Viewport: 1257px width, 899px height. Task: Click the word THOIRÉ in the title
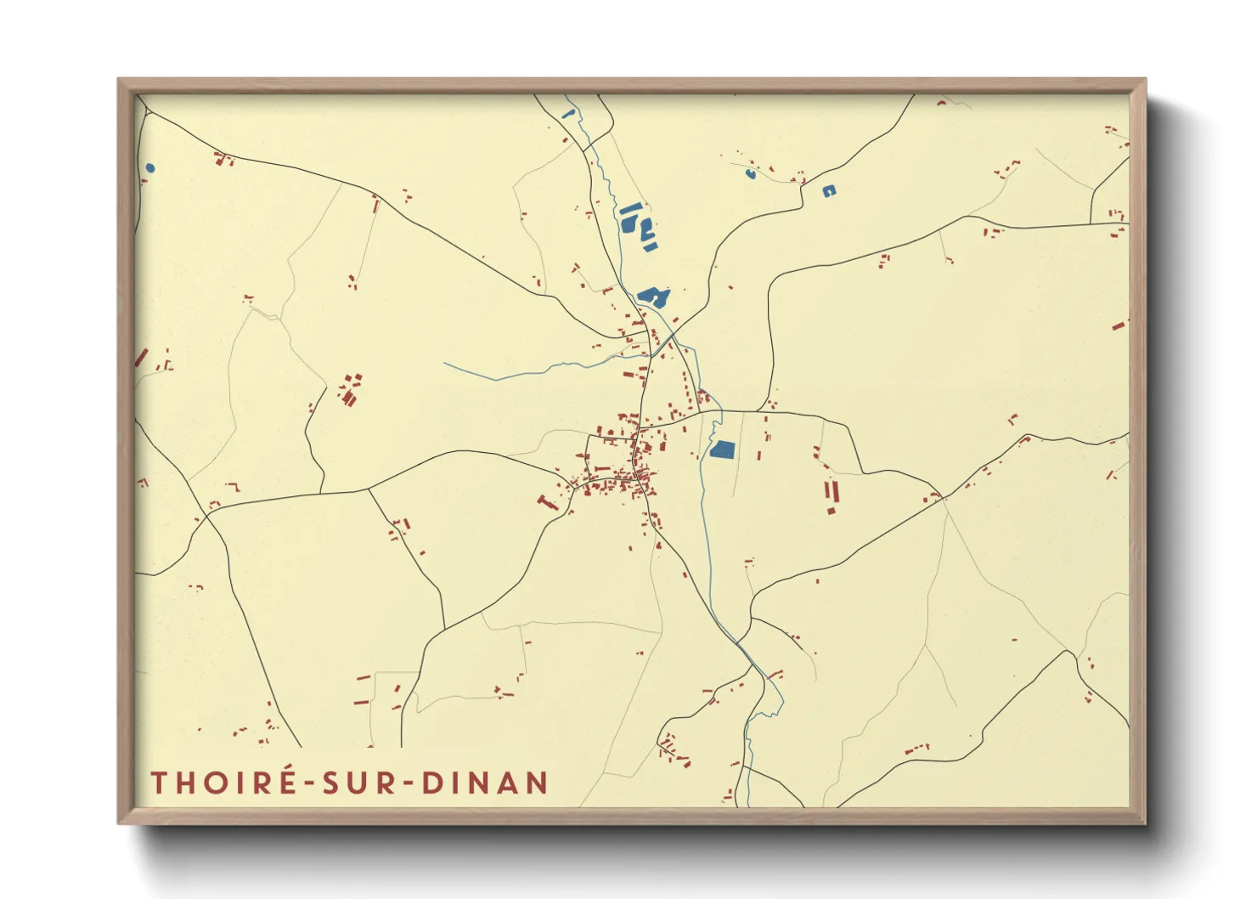pyautogui.click(x=223, y=783)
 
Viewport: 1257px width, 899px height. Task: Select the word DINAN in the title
pyautogui.click(x=485, y=783)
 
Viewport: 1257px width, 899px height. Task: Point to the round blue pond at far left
pyautogui.click(x=150, y=168)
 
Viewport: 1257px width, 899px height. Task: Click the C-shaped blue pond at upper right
pyautogui.click(x=829, y=191)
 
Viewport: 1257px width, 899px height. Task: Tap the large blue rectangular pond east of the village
pyautogui.click(x=722, y=449)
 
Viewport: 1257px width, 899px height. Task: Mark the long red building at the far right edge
pyautogui.click(x=1120, y=325)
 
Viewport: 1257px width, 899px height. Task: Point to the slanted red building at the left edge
pyautogui.click(x=141, y=358)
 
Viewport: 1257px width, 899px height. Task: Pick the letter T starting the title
pyautogui.click(x=158, y=783)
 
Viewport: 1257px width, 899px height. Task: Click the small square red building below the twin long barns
pyautogui.click(x=831, y=511)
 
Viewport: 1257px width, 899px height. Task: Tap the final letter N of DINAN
pyautogui.click(x=537, y=783)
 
